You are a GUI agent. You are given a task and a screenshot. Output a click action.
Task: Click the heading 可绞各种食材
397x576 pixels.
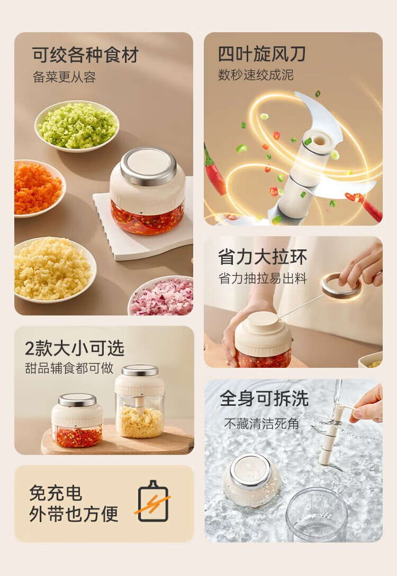[x=85, y=55]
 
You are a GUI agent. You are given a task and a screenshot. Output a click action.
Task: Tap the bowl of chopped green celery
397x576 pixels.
[x=77, y=126]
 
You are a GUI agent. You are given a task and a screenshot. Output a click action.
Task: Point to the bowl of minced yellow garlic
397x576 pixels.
[x=53, y=270]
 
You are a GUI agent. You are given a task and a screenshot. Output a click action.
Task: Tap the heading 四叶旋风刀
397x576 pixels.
[x=262, y=54]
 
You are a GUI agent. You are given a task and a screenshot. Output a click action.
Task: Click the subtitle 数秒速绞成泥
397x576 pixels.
[x=256, y=75]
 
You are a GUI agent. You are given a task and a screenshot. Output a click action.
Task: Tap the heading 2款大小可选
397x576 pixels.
[x=75, y=348]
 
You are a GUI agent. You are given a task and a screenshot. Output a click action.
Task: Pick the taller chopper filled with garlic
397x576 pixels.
[x=139, y=402]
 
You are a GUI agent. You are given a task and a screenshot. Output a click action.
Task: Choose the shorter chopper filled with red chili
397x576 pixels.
[x=77, y=420]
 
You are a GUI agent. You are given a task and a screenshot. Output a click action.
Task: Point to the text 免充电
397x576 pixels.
[x=56, y=493]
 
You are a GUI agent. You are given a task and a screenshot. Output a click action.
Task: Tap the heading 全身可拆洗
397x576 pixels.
[x=264, y=398]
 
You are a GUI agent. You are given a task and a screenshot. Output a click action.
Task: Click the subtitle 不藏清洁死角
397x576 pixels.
[x=261, y=424]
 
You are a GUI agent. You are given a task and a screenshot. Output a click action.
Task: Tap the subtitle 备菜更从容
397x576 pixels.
[x=65, y=77]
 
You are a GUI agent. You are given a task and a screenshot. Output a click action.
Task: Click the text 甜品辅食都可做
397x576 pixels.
[x=69, y=368]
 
